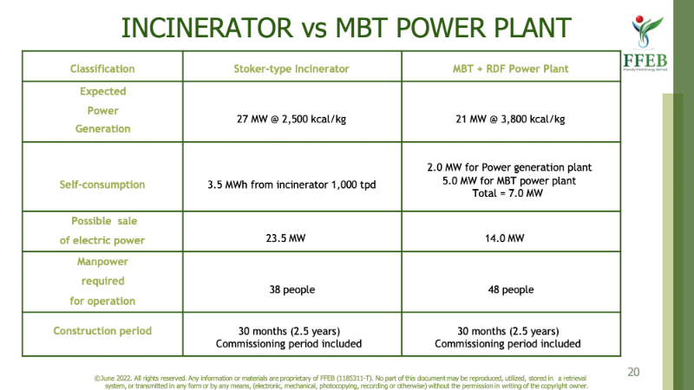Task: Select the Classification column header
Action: coord(102,68)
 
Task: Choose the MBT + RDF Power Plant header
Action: coord(508,68)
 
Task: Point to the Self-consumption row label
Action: coord(102,185)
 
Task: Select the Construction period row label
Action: coord(102,331)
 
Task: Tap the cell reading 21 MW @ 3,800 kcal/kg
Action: coord(508,119)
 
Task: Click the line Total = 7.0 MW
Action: coord(508,194)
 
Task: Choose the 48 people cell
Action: coord(508,289)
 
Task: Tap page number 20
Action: coord(633,372)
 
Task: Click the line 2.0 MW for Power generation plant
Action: coord(508,167)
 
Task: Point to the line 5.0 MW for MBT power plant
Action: coord(508,180)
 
